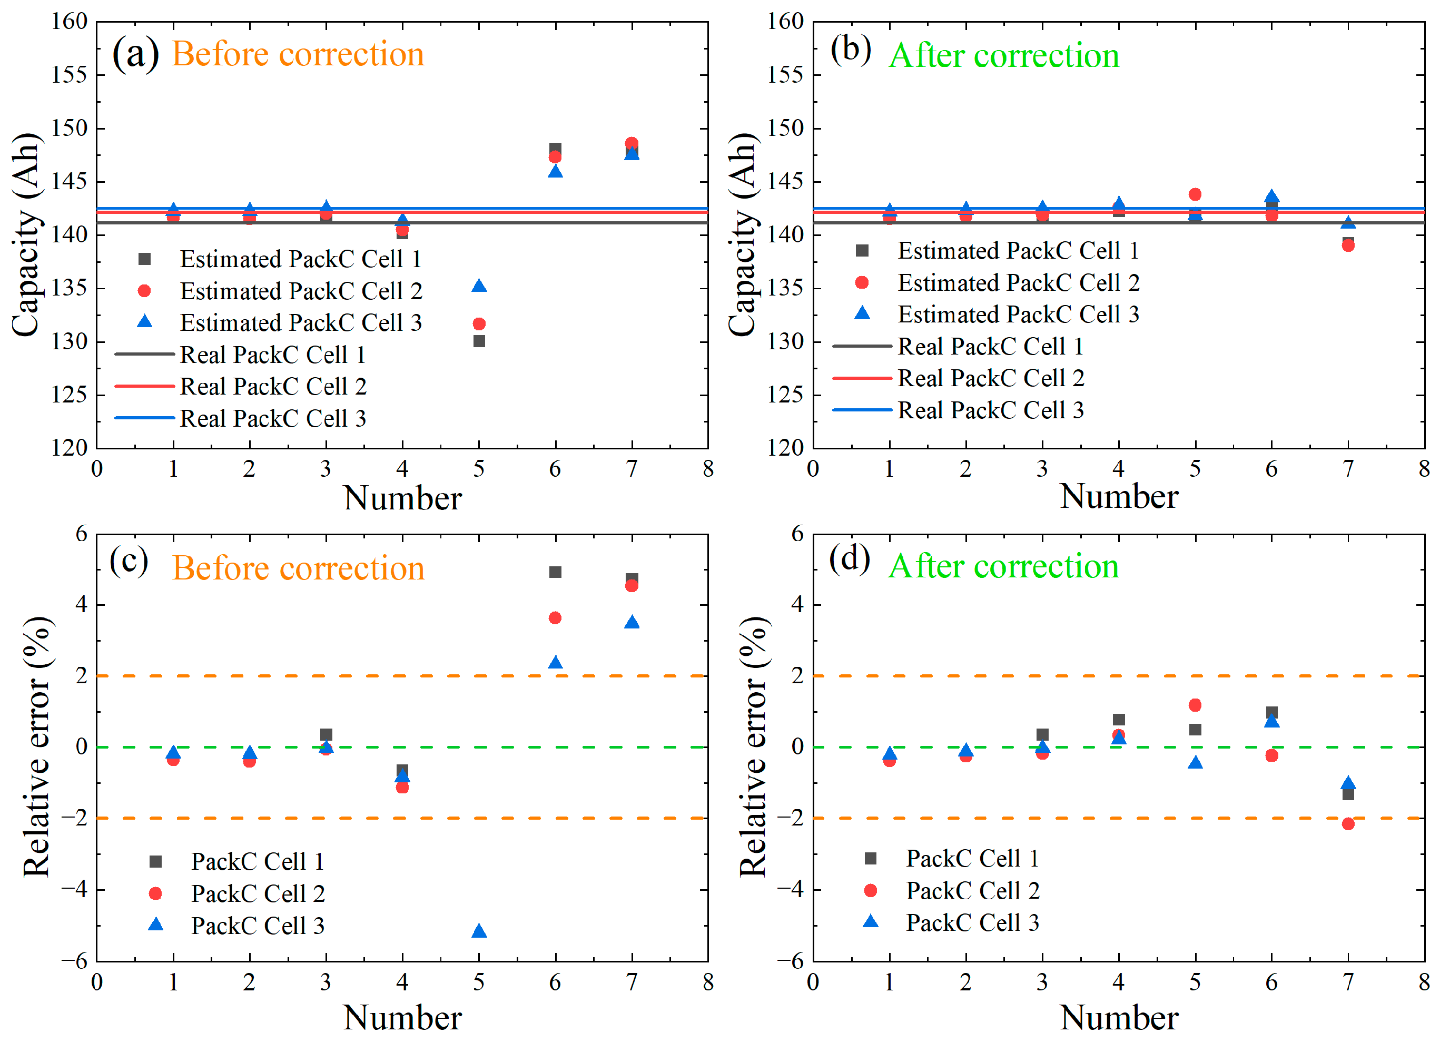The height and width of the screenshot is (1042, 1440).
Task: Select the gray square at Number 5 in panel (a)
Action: click(479, 341)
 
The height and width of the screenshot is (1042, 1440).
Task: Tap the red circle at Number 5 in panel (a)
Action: click(479, 324)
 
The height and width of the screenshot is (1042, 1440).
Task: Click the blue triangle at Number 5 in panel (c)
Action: click(479, 931)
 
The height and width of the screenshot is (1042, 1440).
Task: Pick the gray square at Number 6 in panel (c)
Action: click(555, 572)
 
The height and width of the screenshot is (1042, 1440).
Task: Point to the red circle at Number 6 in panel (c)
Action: click(555, 618)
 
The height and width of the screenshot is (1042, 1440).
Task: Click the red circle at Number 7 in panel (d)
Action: click(1348, 823)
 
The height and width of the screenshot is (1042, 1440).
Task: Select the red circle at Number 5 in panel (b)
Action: click(1195, 194)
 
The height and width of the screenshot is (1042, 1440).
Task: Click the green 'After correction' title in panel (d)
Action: click(1003, 566)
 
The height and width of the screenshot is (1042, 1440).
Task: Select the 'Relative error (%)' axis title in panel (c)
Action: click(37, 747)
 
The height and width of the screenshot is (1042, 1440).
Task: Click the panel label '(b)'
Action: click(851, 50)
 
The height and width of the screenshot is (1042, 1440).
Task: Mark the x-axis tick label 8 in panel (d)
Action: click(1424, 982)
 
